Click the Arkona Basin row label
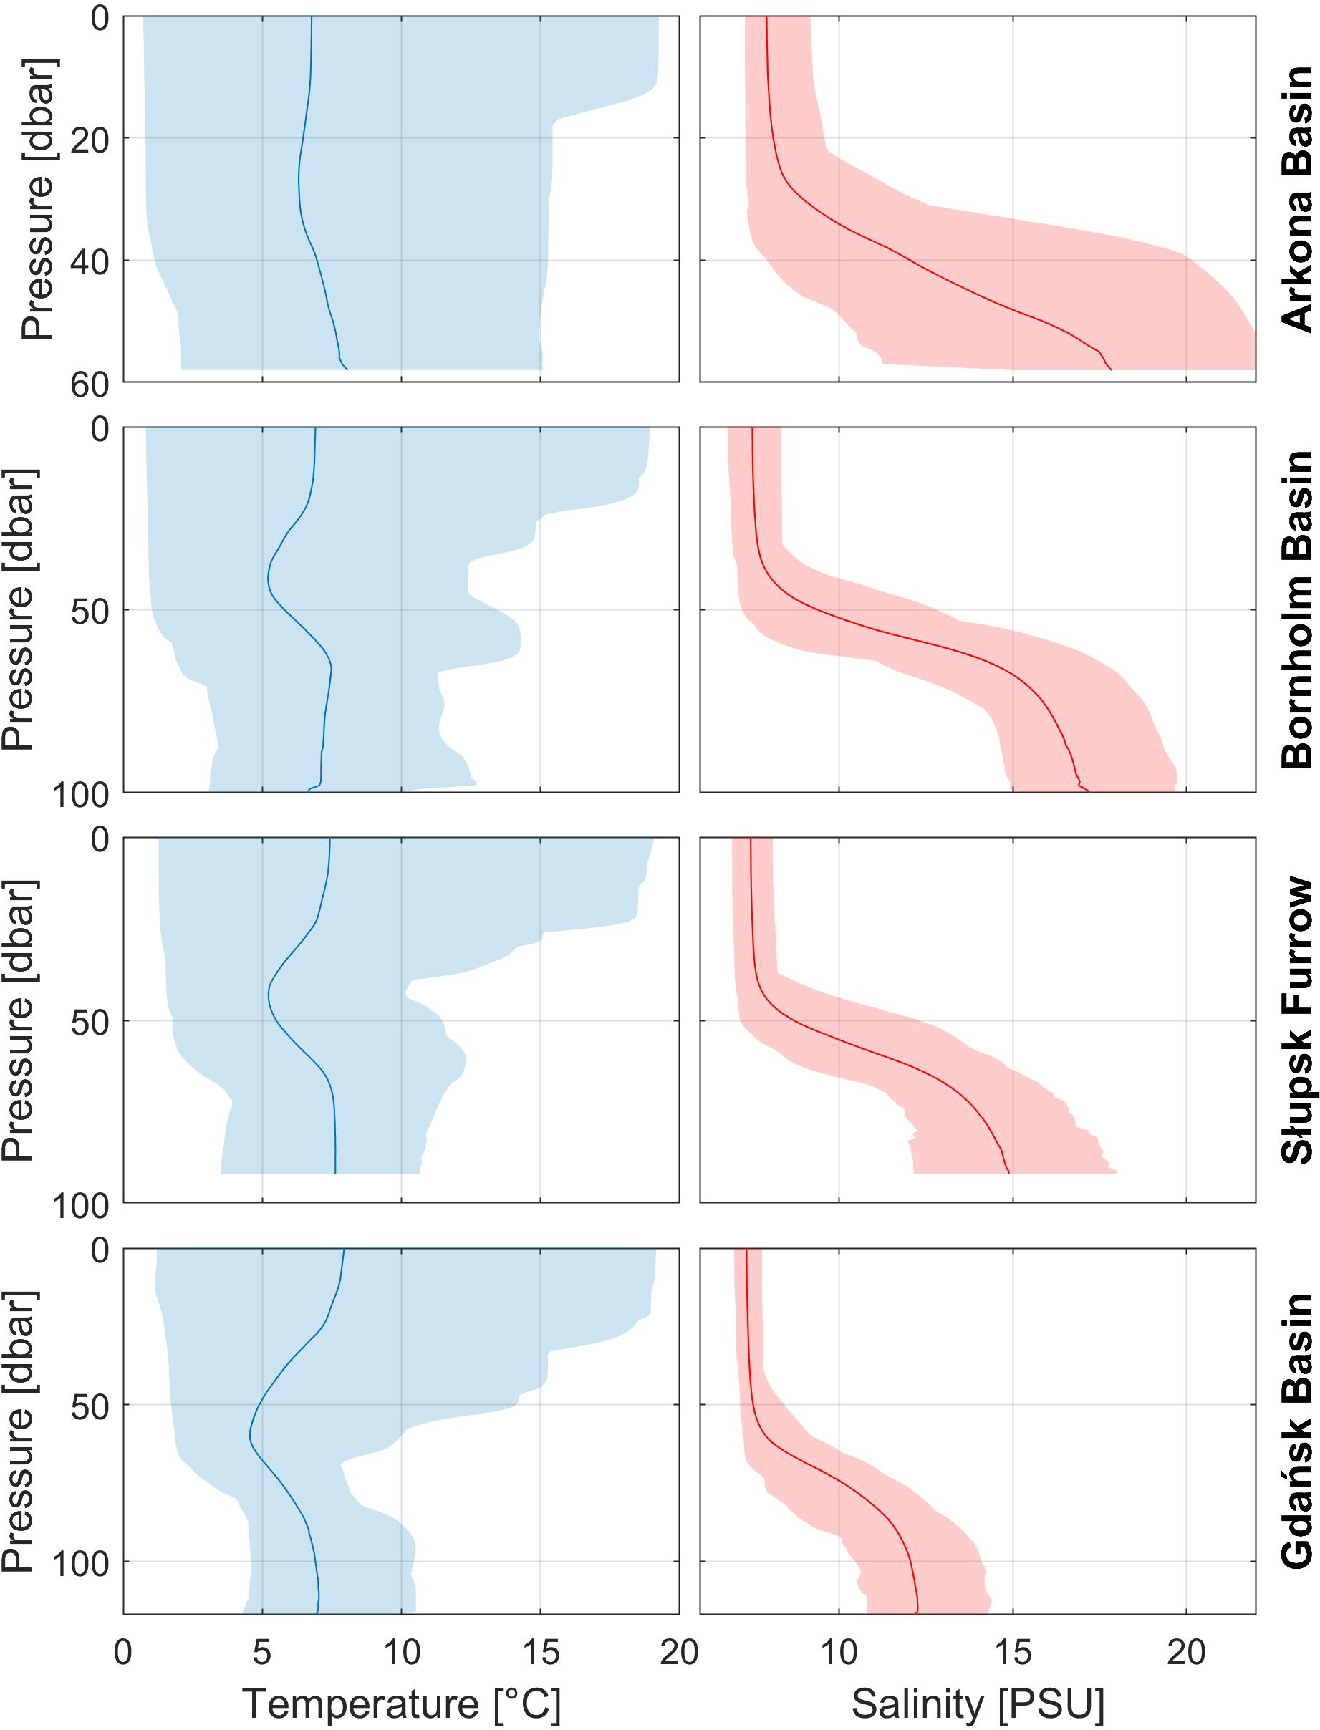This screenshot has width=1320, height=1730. click(1296, 199)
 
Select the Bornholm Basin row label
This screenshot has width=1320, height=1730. click(1296, 609)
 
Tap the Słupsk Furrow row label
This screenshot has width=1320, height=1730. click(1296, 1020)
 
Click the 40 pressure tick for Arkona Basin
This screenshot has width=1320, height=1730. click(90, 261)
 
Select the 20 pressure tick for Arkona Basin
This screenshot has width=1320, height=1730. click(90, 140)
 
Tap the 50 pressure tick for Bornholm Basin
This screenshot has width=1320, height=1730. click(90, 611)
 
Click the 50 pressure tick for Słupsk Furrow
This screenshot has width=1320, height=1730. click(90, 1021)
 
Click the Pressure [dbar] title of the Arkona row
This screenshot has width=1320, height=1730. click(37, 199)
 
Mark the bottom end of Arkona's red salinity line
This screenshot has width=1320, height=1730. click(1110, 369)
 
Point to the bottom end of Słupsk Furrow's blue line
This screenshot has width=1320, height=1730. click(335, 1173)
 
